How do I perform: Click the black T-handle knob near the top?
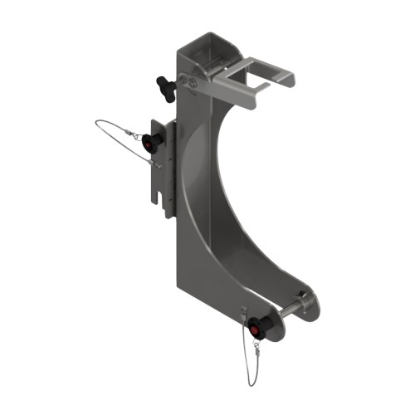[163, 85]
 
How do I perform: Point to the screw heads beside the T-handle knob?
[192, 83]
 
